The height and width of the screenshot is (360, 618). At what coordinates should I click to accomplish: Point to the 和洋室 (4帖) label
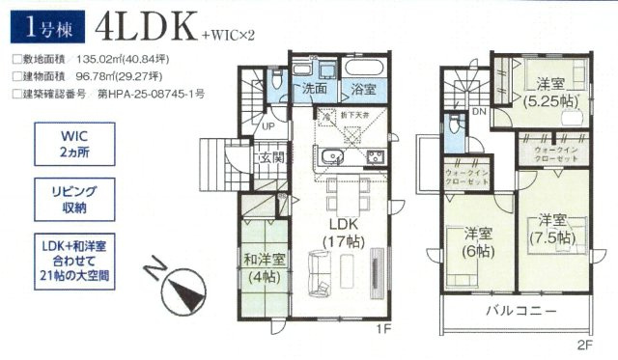pyautogui.click(x=264, y=266)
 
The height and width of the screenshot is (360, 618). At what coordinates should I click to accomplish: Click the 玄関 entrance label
pyautogui.click(x=271, y=157)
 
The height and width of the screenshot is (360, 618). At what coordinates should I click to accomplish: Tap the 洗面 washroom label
pyautogui.click(x=314, y=88)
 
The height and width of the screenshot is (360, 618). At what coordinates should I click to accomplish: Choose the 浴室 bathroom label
pyautogui.click(x=363, y=89)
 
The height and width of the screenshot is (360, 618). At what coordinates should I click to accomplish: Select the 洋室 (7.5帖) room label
pyautogui.click(x=551, y=227)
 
